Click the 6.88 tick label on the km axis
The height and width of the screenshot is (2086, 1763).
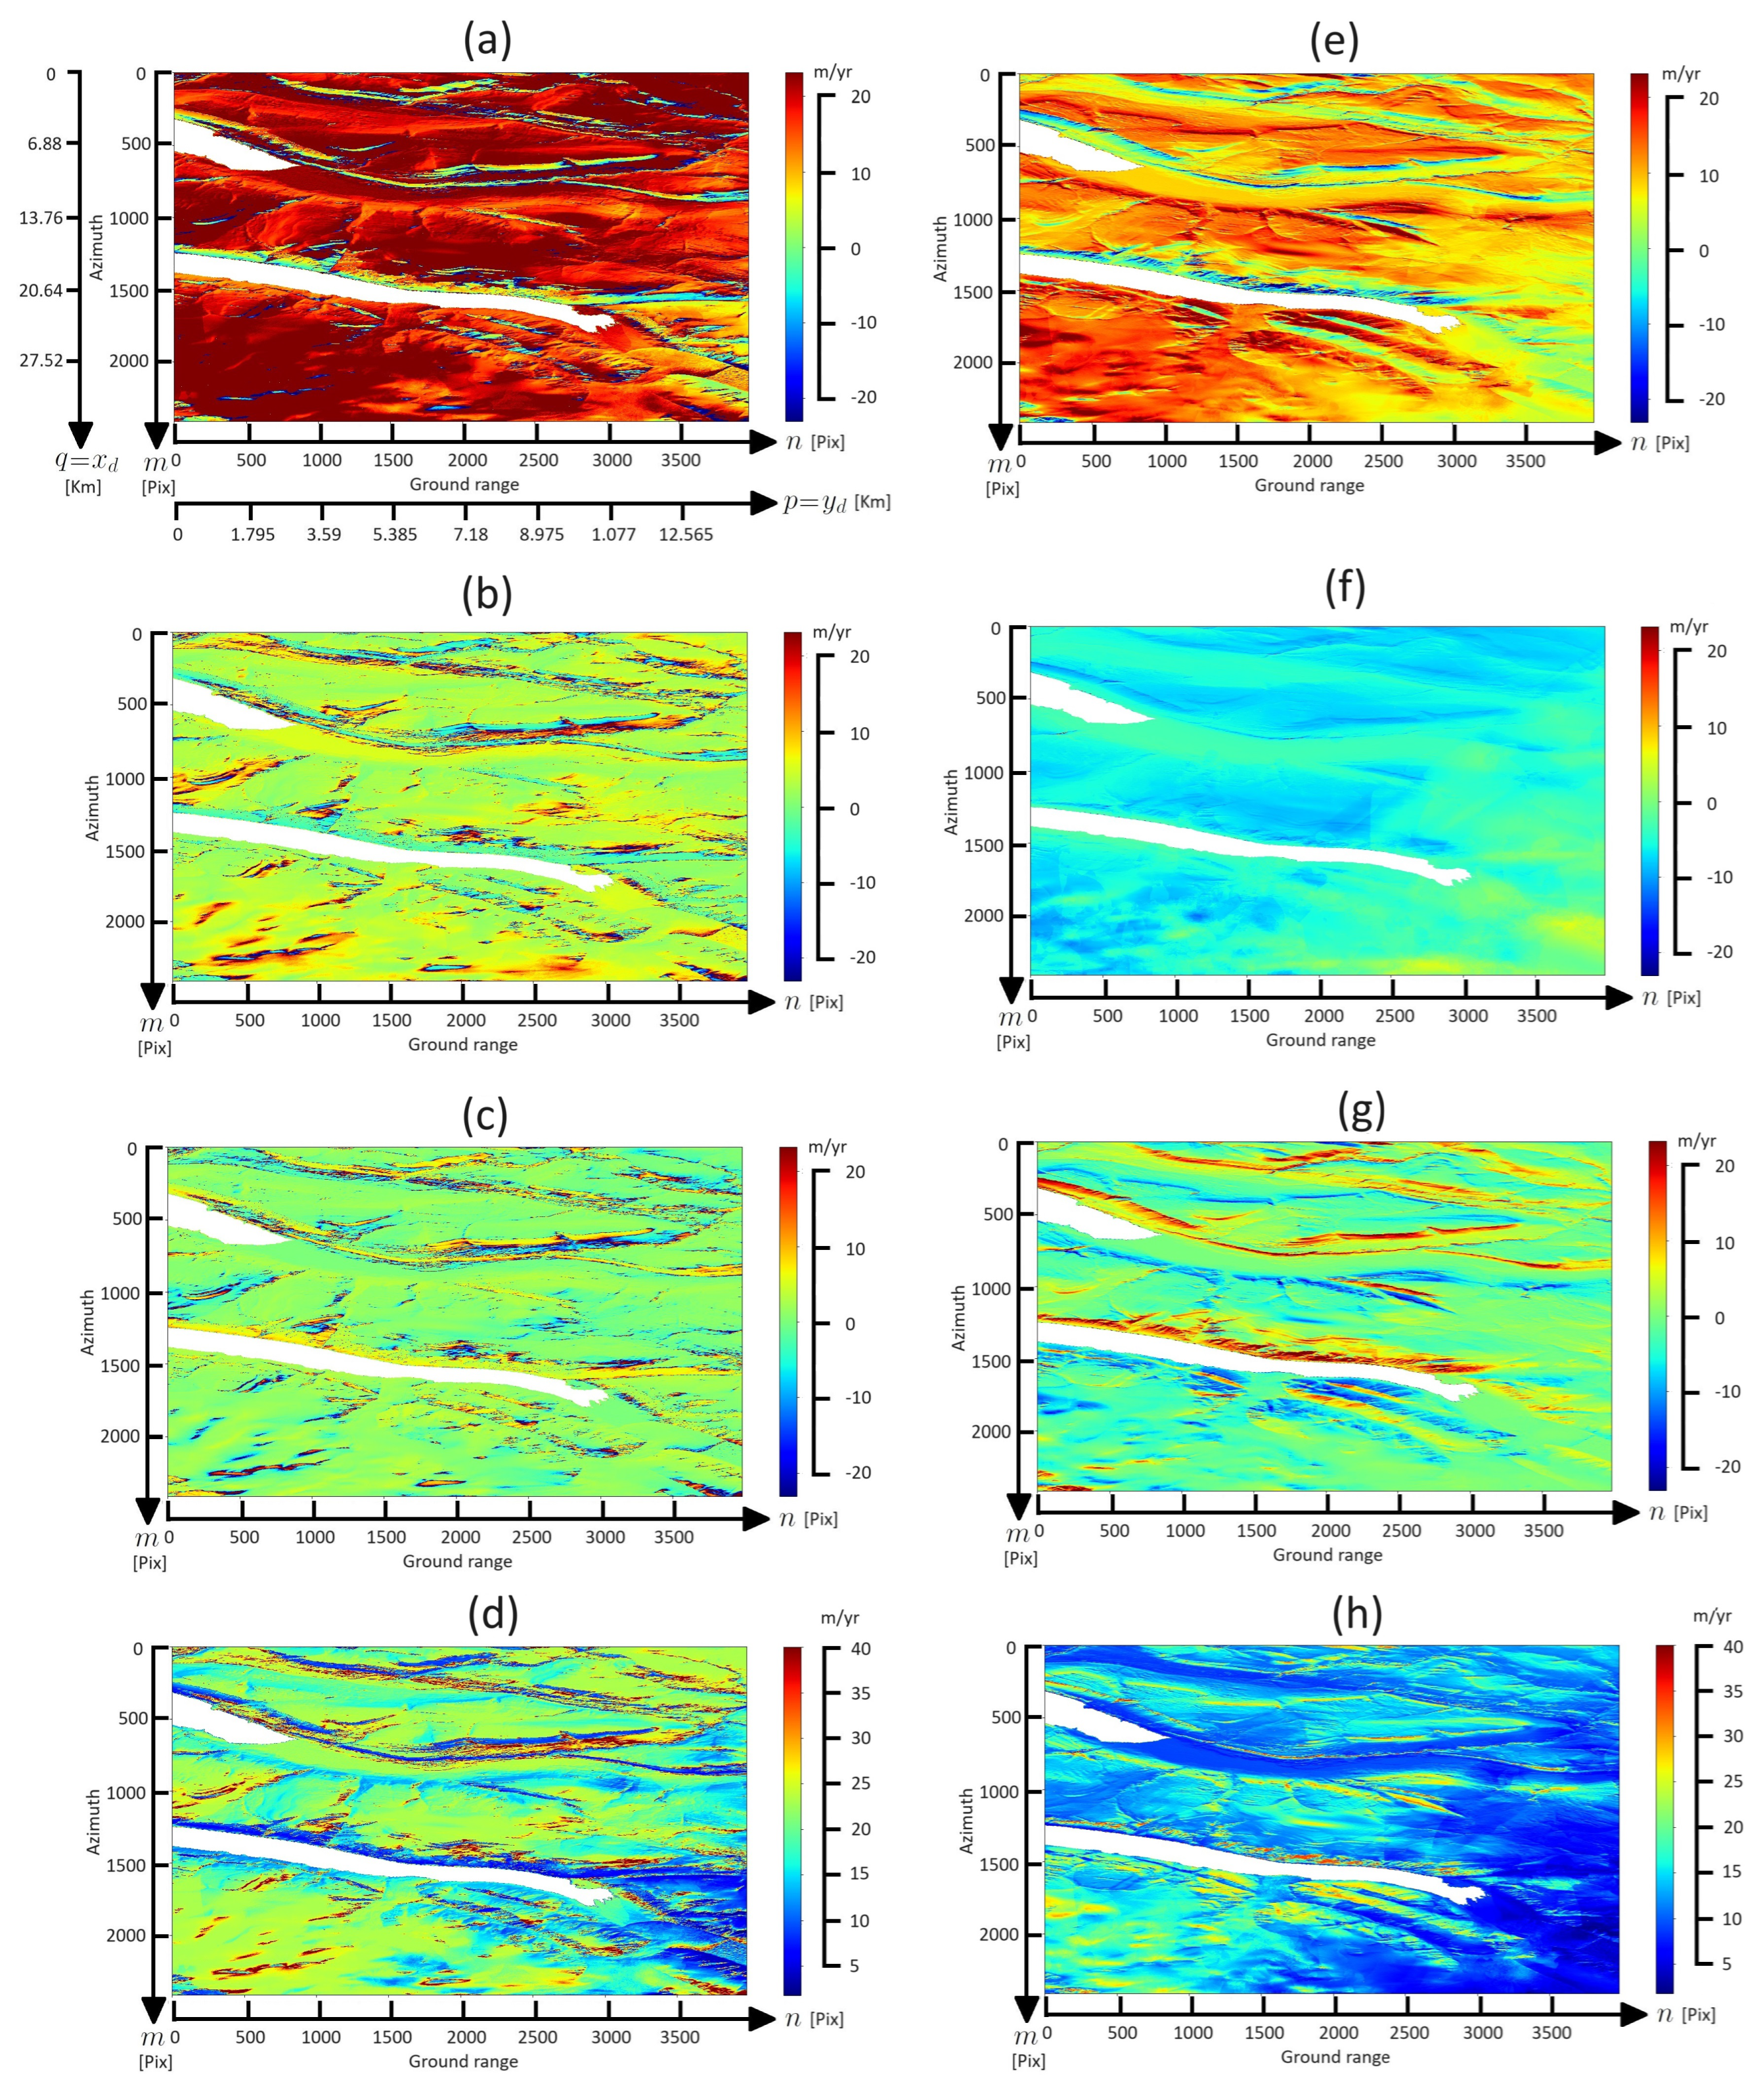coord(45,144)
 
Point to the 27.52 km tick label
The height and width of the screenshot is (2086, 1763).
coord(42,360)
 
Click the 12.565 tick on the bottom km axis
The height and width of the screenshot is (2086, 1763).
coord(686,535)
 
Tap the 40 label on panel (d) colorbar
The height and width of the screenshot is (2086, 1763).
coord(860,1648)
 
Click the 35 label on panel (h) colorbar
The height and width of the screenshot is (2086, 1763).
coord(1733,1691)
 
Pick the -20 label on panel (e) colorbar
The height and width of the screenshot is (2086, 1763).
coord(1711,399)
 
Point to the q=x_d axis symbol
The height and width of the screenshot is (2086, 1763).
coord(86,461)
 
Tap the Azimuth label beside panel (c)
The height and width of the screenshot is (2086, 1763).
coord(87,1321)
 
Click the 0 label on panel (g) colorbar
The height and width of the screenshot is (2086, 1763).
coord(1719,1318)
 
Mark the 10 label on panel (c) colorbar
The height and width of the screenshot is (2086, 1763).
coord(855,1249)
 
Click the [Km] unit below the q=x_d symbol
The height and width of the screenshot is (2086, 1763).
coord(83,487)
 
